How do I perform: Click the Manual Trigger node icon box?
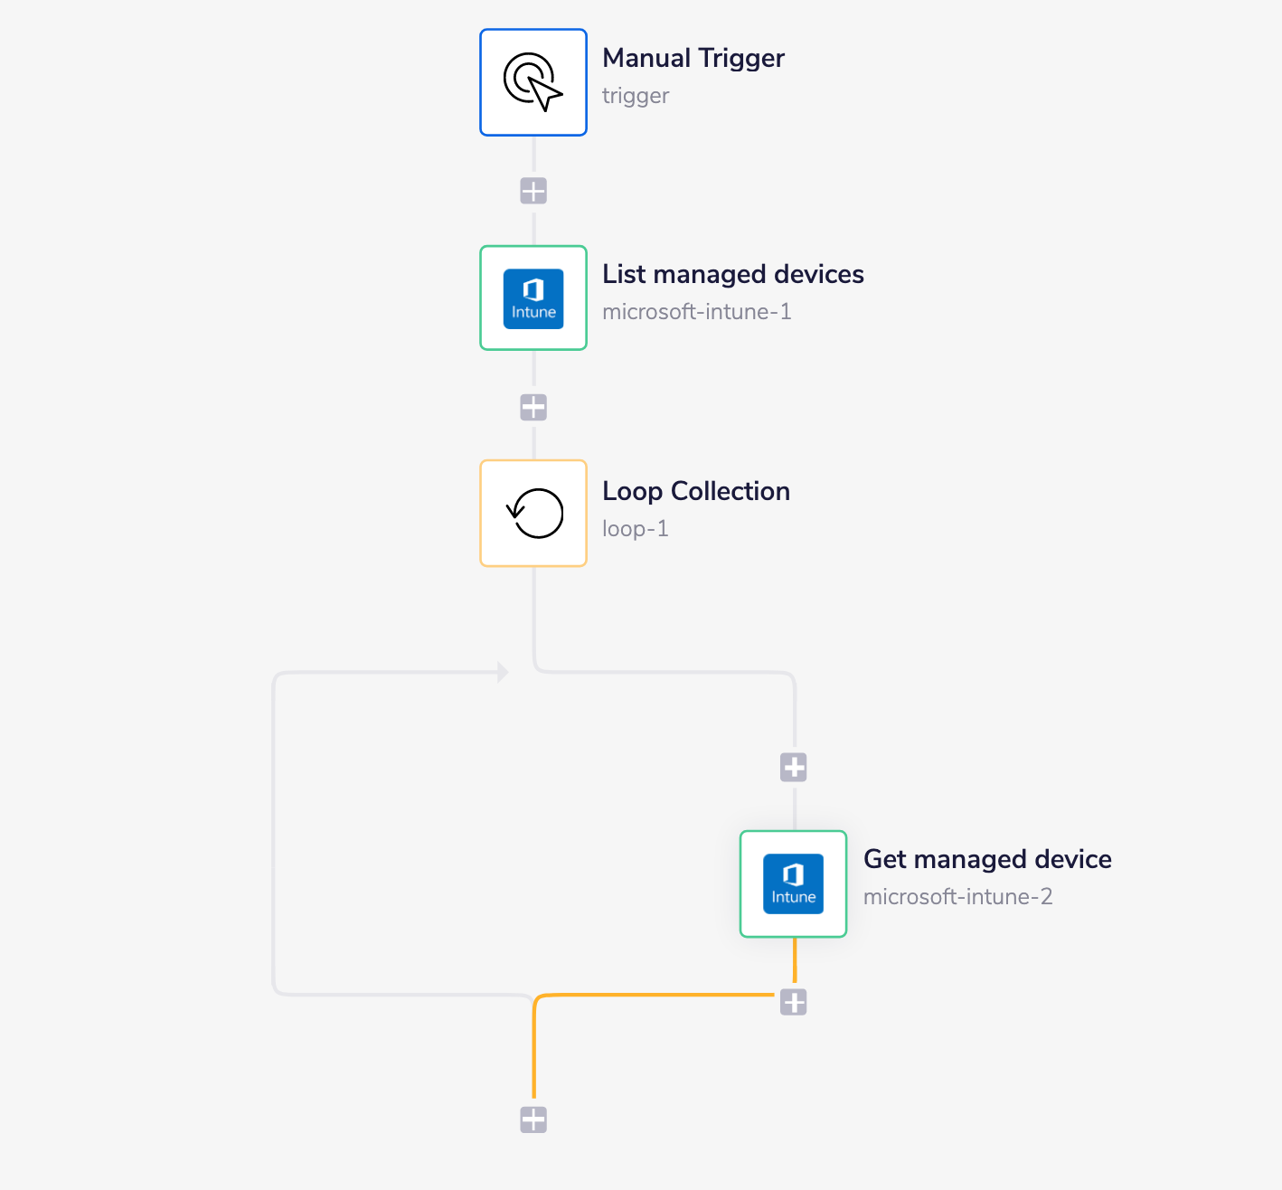(533, 82)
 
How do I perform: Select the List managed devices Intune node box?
(533, 297)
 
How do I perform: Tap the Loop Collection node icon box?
(533, 514)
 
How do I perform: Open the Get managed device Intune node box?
(793, 883)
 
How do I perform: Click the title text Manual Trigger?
(693, 58)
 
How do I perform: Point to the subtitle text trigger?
(636, 96)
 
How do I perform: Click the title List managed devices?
(732, 274)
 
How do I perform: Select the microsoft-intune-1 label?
(696, 312)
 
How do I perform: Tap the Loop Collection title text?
(695, 491)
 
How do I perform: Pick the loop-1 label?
(635, 529)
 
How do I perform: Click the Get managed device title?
(986, 859)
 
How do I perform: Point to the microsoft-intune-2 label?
(957, 897)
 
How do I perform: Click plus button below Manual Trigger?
(533, 192)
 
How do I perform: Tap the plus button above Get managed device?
(793, 768)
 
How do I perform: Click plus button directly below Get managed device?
(793, 1002)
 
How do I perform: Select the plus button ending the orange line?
(533, 1119)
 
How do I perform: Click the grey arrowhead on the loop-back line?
(503, 672)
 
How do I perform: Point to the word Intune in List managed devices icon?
(533, 313)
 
